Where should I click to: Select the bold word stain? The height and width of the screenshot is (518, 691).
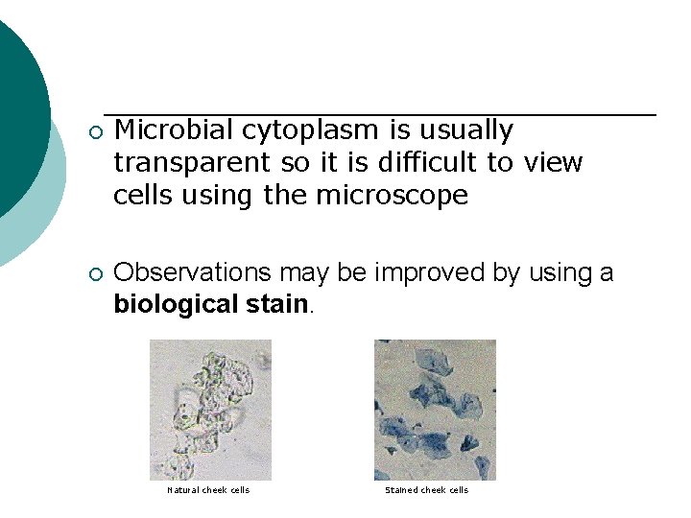pyautogui.click(x=276, y=305)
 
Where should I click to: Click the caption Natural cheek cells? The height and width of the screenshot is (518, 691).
pyautogui.click(x=208, y=490)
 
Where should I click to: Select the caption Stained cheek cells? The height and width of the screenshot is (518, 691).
pyautogui.click(x=426, y=490)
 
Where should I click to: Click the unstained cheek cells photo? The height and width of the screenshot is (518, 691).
pyautogui.click(x=210, y=410)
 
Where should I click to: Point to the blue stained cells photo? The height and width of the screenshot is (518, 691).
pyautogui.click(x=435, y=410)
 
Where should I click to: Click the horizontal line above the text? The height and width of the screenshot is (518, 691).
pyautogui.click(x=379, y=115)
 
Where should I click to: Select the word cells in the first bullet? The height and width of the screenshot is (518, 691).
pyautogui.click(x=143, y=196)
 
